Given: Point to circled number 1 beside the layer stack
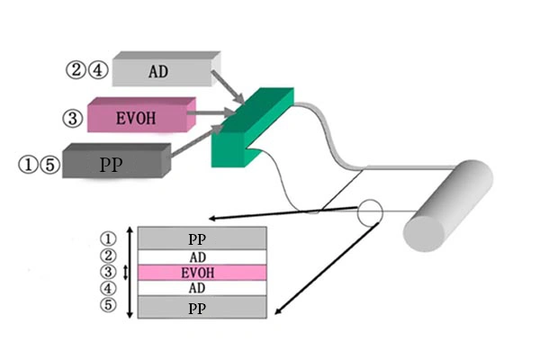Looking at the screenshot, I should pyautogui.click(x=109, y=239).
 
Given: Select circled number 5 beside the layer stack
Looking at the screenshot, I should pyautogui.click(x=109, y=306).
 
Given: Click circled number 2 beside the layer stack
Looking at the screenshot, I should pyautogui.click(x=109, y=256).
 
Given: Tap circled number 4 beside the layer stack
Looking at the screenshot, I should pyautogui.click(x=109, y=289).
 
